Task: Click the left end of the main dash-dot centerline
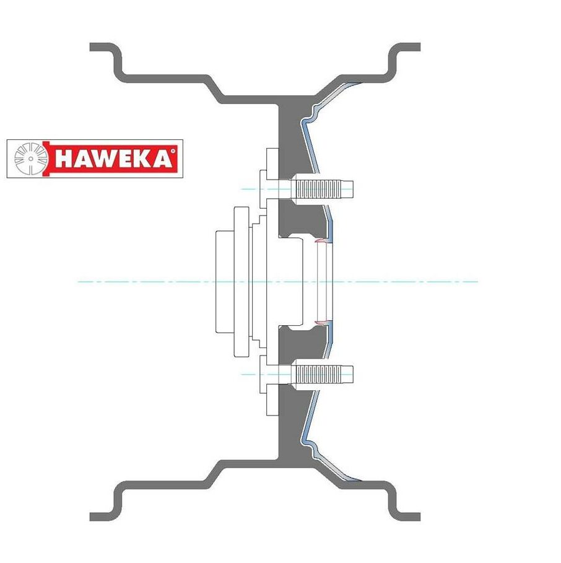click(79, 282)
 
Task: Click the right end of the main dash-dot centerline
click(477, 282)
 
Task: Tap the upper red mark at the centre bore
click(320, 240)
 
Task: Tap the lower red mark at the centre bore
click(320, 322)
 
